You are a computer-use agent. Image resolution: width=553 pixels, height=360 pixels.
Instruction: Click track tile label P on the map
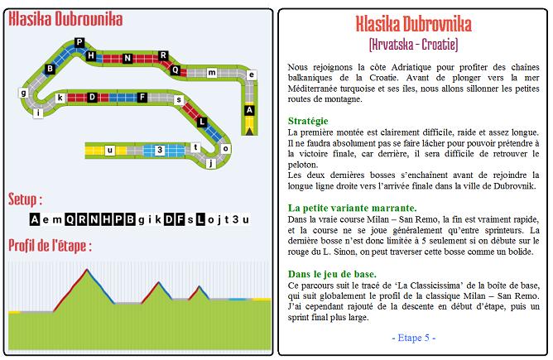click(x=79, y=41)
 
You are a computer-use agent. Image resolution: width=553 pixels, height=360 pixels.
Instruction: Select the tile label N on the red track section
click(x=127, y=58)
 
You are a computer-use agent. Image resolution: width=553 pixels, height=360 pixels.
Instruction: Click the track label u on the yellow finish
click(x=109, y=149)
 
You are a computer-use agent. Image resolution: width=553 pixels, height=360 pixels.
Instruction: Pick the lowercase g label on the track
click(x=23, y=94)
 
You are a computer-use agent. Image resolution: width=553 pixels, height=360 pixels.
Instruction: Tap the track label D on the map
click(x=92, y=97)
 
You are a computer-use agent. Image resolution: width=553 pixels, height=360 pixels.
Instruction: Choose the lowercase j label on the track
click(x=212, y=163)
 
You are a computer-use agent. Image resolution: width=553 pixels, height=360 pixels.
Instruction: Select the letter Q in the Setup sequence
click(x=68, y=218)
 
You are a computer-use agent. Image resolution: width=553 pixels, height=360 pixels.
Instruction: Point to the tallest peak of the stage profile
click(x=87, y=271)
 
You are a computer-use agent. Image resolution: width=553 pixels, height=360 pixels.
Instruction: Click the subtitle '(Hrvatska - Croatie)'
click(x=411, y=42)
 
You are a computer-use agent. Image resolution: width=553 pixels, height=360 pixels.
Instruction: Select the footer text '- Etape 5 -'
click(x=411, y=338)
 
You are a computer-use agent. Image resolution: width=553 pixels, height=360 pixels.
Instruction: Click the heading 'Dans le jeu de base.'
click(x=332, y=273)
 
